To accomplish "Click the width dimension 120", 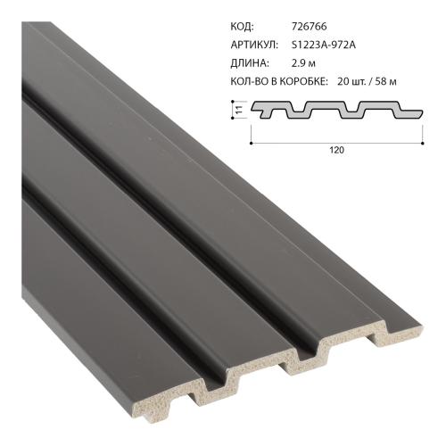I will click(x=335, y=151).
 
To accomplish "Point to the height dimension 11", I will click(x=239, y=110).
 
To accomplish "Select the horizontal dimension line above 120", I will click(x=335, y=140).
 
